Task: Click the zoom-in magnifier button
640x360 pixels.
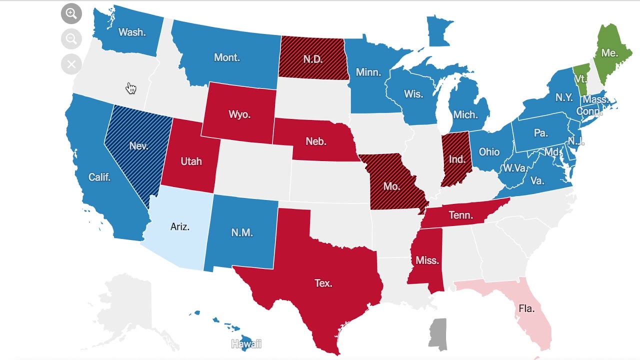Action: pyautogui.click(x=71, y=13)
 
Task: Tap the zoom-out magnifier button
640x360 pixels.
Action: pyautogui.click(x=71, y=39)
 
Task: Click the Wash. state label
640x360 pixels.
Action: pyautogui.click(x=132, y=32)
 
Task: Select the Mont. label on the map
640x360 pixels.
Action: pyautogui.click(x=227, y=57)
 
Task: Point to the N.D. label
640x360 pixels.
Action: pyautogui.click(x=313, y=59)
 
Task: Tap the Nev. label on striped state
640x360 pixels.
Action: pyautogui.click(x=138, y=146)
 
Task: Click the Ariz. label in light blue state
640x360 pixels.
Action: pyautogui.click(x=180, y=226)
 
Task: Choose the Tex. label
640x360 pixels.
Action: pyautogui.click(x=323, y=283)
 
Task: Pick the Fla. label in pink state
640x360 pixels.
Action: pyautogui.click(x=526, y=308)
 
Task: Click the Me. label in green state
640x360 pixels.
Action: pyautogui.click(x=609, y=52)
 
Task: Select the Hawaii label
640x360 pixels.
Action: pyautogui.click(x=246, y=344)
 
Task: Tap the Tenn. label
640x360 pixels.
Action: pyautogui.click(x=460, y=215)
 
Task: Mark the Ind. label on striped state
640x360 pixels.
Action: pyautogui.click(x=457, y=159)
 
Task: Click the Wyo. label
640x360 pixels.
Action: pyautogui.click(x=239, y=114)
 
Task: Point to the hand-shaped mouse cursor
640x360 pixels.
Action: pyautogui.click(x=131, y=88)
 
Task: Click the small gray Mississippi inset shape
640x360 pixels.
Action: pyautogui.click(x=438, y=333)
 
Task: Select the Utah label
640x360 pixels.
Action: pyautogui.click(x=191, y=161)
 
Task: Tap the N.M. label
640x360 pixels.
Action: pyautogui.click(x=242, y=232)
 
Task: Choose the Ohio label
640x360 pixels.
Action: pyautogui.click(x=489, y=152)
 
